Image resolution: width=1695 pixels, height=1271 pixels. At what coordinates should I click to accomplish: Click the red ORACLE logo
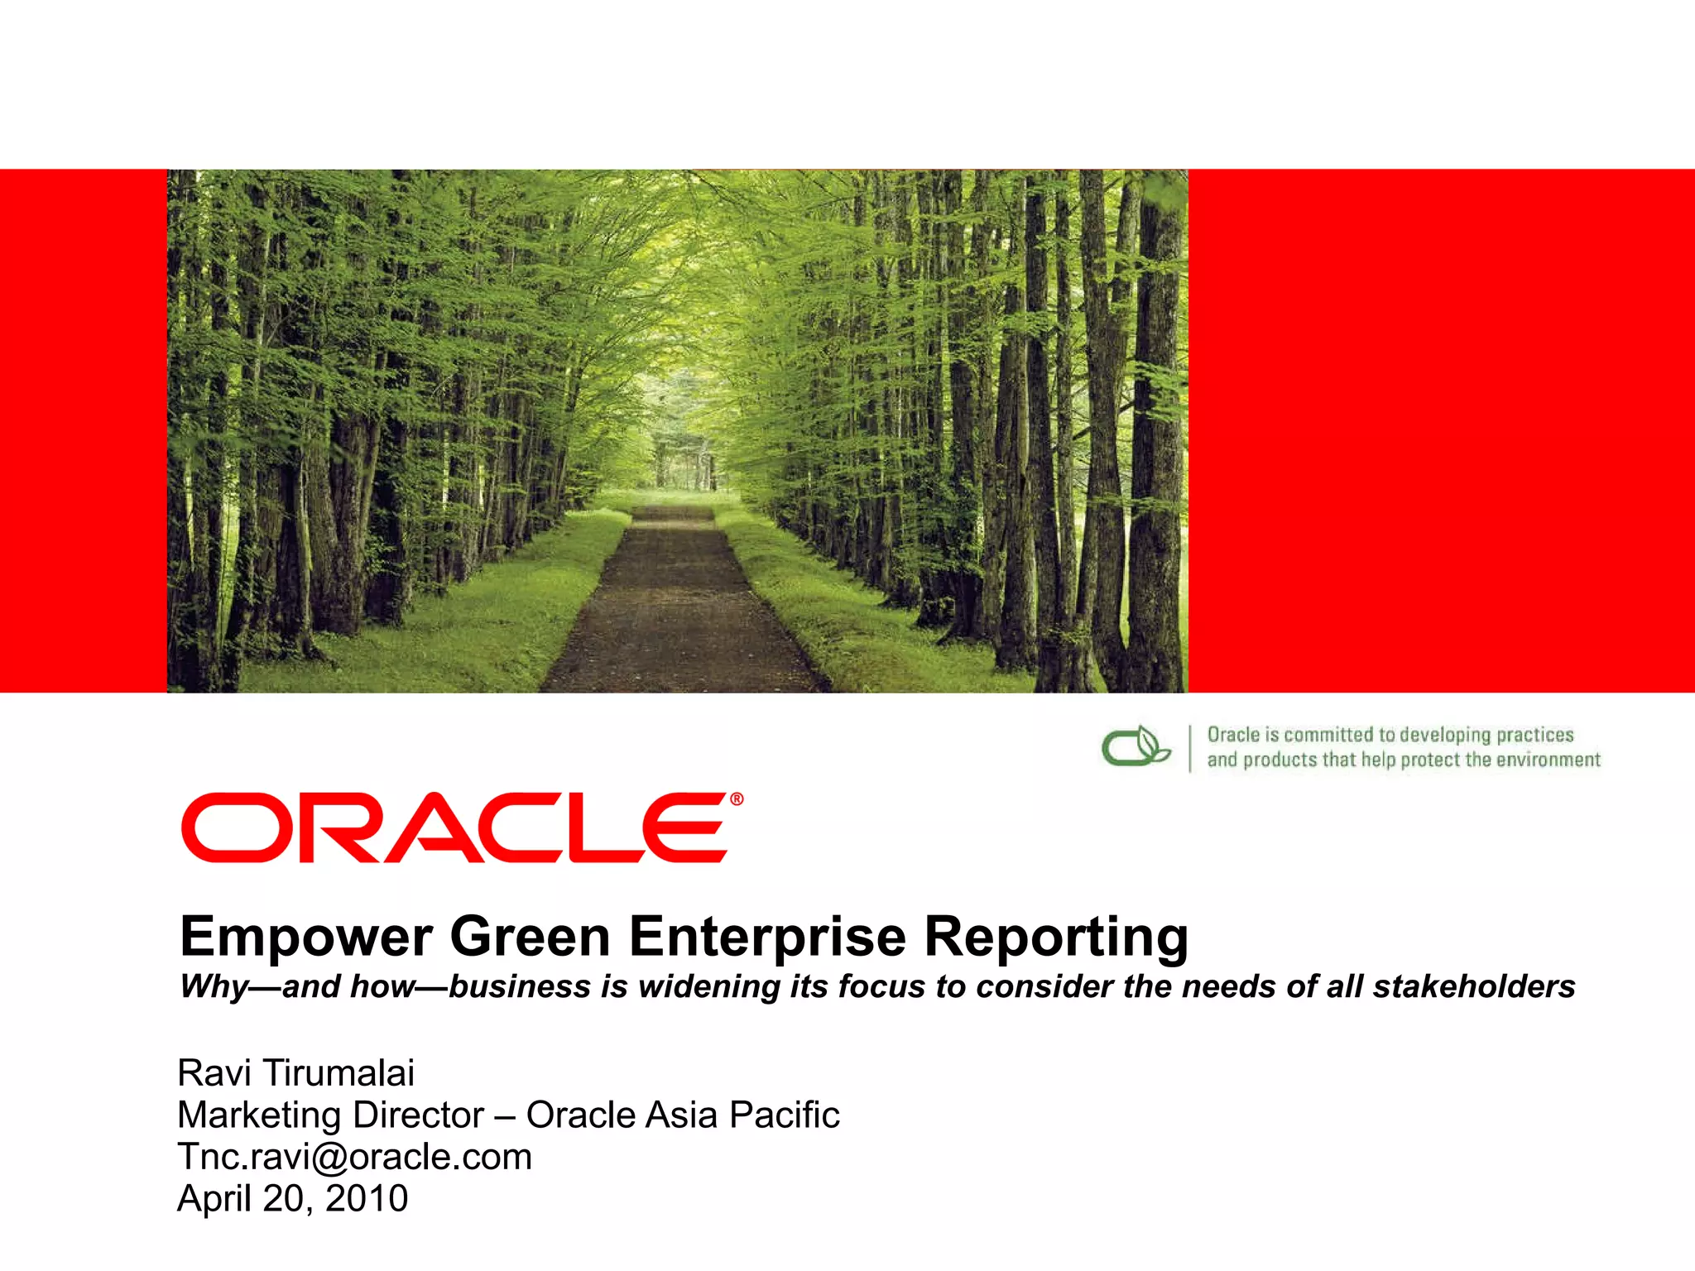click(455, 827)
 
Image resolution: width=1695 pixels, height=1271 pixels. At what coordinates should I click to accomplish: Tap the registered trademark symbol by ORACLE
click(737, 799)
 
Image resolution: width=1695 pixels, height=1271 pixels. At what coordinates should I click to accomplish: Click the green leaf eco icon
click(1136, 746)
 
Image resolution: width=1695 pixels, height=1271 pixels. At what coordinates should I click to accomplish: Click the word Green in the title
click(530, 937)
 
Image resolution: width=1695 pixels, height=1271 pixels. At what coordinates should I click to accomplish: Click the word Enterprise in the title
click(767, 937)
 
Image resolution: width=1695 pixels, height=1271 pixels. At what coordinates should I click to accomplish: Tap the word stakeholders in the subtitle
click(1474, 986)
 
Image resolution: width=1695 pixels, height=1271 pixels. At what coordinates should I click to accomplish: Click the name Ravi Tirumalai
click(295, 1073)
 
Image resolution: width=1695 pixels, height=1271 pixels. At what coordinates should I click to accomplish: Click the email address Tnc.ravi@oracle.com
click(354, 1157)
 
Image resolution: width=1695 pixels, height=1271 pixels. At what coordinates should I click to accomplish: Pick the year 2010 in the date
click(367, 1198)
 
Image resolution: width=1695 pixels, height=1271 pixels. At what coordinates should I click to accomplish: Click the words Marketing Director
click(330, 1115)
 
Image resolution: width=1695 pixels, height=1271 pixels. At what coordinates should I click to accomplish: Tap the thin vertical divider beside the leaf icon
click(1190, 748)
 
